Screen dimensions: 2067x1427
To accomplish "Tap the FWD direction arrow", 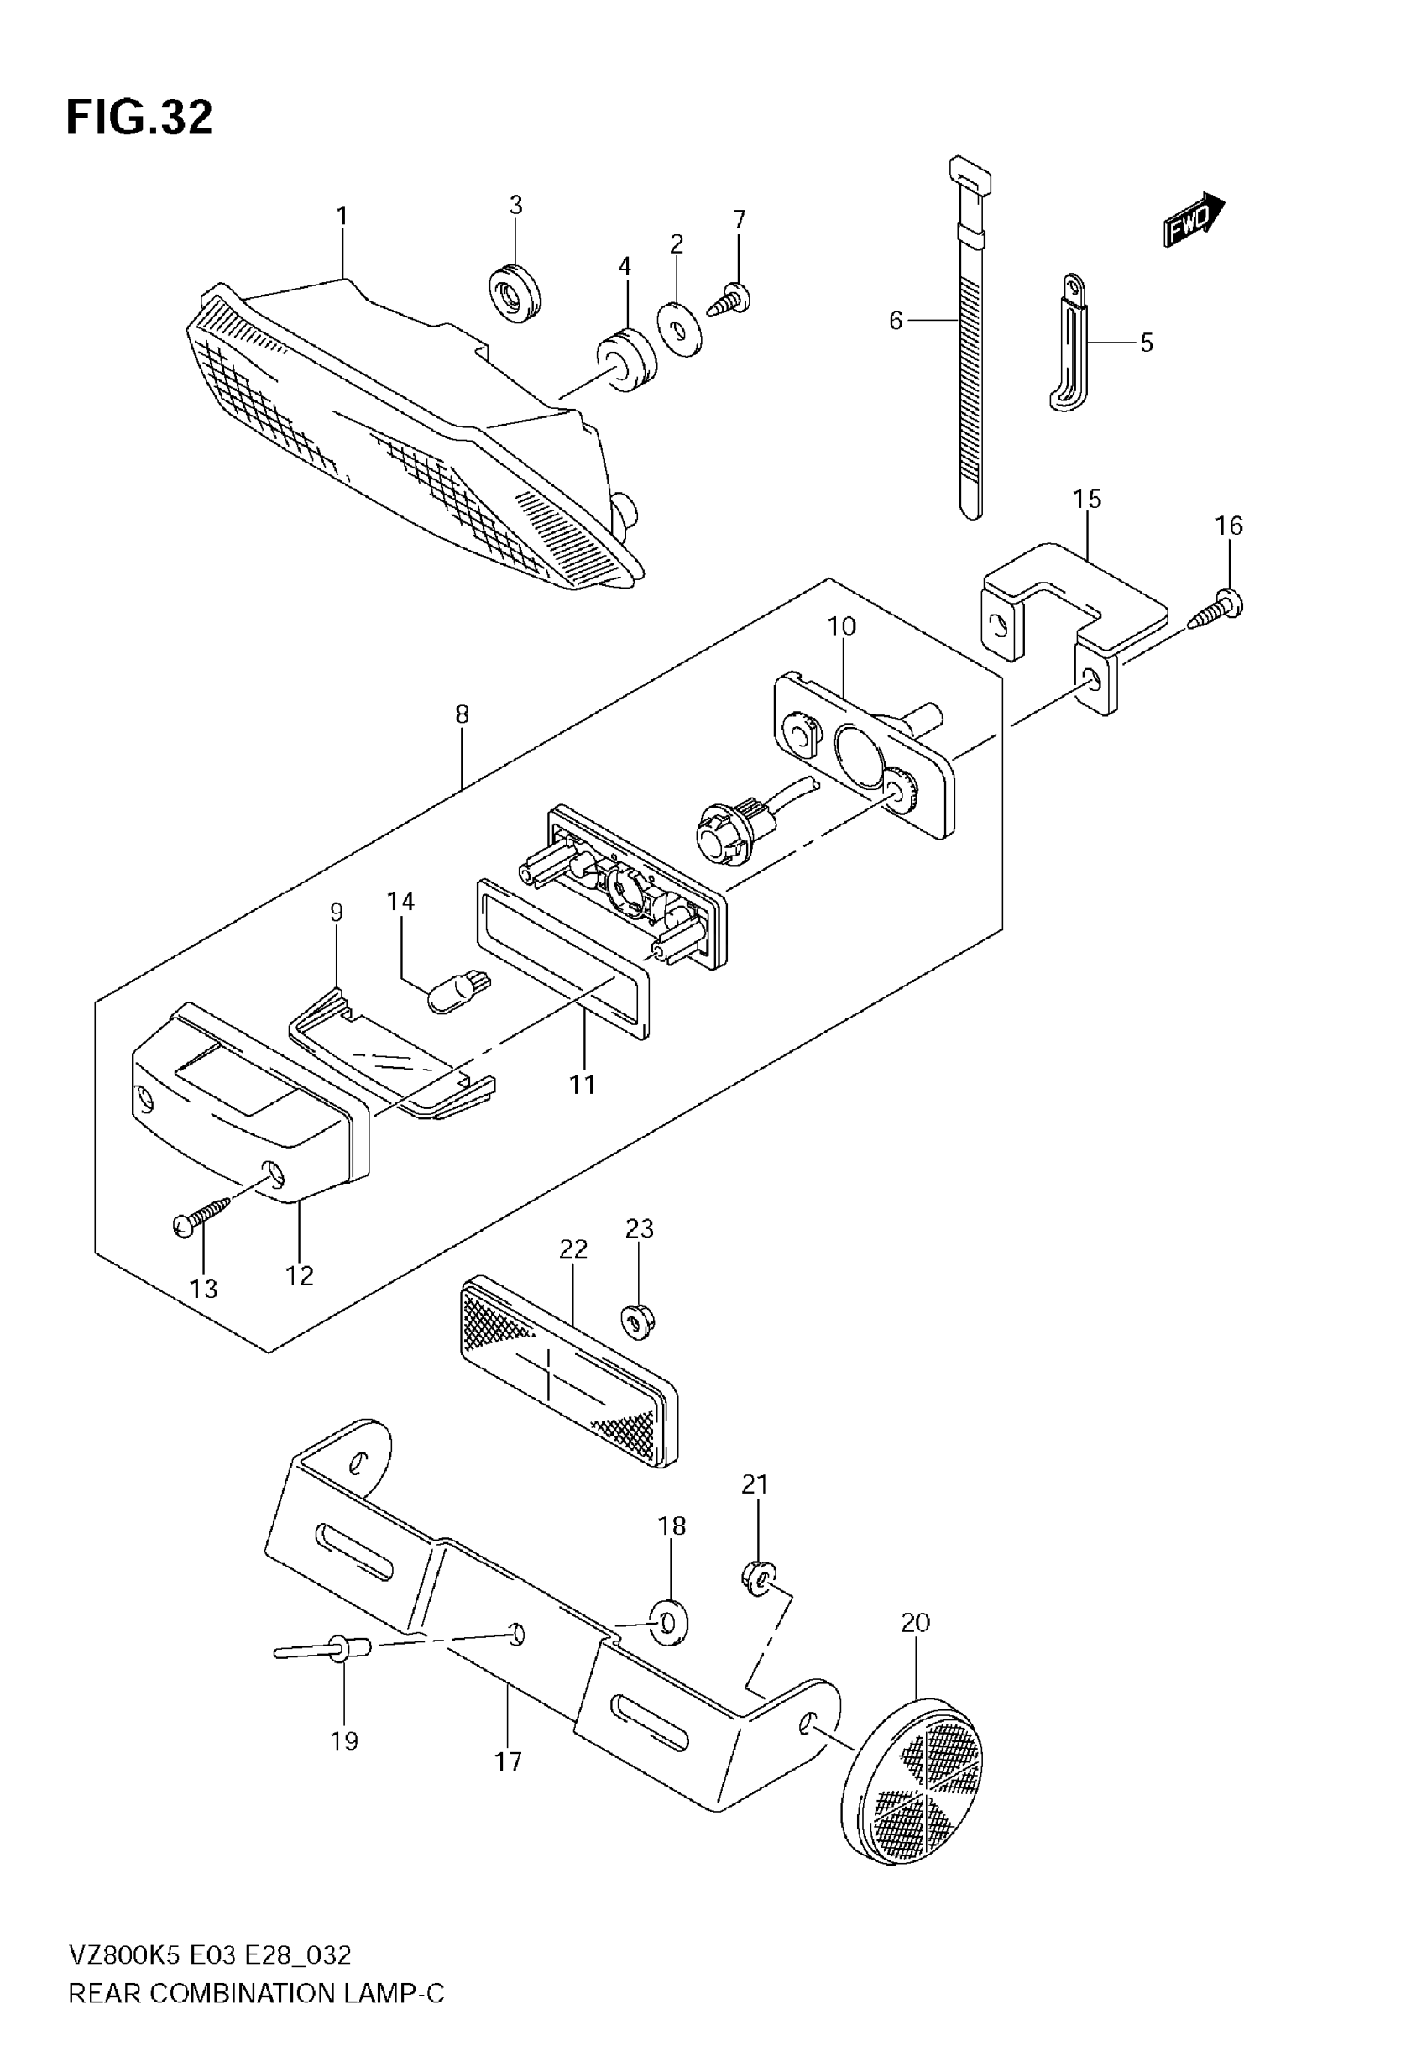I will [1193, 220].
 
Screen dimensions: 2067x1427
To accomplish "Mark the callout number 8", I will [462, 714].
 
